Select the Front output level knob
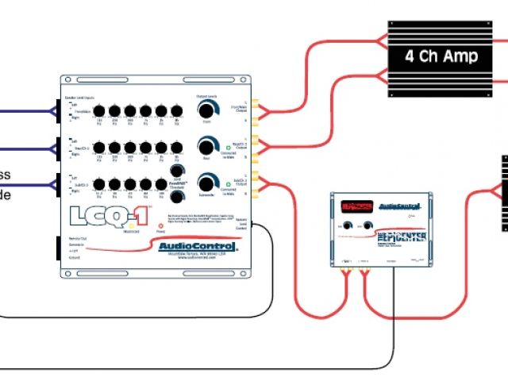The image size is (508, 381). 207,110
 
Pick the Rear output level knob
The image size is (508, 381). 207,146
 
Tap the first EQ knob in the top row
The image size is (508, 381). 100,110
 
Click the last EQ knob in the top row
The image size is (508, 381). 176,110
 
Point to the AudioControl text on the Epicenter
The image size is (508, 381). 406,206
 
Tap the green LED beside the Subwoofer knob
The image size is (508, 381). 225,182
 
